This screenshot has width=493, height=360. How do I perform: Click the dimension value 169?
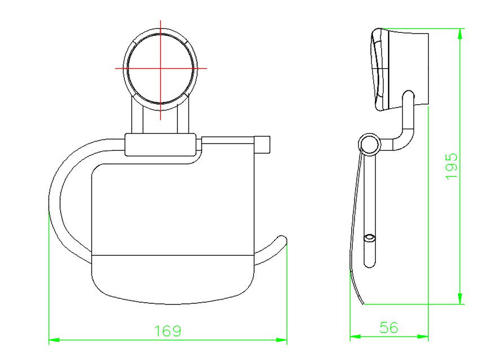click(168, 331)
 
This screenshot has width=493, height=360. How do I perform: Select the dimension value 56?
click(389, 327)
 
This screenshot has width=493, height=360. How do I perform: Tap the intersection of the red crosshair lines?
click(161, 68)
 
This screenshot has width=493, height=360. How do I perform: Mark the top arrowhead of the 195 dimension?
click(461, 32)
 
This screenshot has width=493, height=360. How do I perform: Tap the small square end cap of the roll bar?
click(263, 144)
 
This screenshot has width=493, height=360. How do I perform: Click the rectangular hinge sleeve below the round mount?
click(160, 144)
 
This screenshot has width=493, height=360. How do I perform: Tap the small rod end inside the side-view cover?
click(369, 239)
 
